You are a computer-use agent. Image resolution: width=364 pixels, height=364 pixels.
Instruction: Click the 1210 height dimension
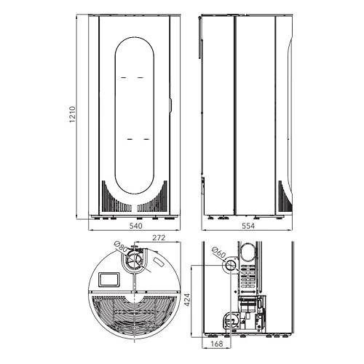(x=73, y=114)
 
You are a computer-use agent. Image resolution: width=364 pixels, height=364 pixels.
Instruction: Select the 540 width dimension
(x=136, y=226)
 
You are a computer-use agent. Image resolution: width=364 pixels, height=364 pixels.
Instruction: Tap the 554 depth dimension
(x=248, y=226)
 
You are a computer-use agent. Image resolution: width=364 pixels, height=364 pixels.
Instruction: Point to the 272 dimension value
(x=159, y=238)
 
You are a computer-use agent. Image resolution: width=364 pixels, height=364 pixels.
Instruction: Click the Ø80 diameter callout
(x=121, y=246)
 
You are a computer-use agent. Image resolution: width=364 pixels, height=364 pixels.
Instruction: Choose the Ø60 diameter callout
(x=218, y=253)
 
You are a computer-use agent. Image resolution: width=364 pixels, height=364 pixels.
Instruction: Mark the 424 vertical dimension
(x=187, y=300)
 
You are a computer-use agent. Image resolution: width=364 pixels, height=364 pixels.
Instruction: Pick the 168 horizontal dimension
(x=217, y=344)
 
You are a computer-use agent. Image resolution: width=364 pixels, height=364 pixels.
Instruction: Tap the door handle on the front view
(x=170, y=105)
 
